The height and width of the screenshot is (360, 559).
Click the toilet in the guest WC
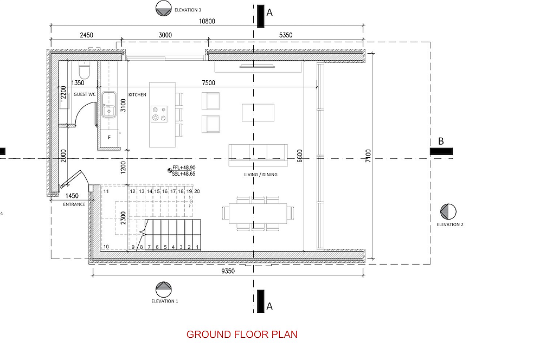(84, 70)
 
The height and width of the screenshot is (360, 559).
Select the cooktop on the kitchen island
(159, 114)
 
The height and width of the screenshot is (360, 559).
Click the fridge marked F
(110, 138)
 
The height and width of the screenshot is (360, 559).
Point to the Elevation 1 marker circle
(164, 290)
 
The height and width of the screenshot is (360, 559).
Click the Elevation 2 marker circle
(448, 212)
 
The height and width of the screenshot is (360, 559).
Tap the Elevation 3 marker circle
(164, 9)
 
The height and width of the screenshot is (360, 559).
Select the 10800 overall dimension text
(207, 21)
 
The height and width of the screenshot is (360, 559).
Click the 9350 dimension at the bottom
(228, 271)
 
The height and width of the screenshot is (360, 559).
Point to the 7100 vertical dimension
(368, 156)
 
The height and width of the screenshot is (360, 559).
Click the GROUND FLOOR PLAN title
(242, 335)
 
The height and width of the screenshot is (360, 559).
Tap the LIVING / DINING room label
(261, 175)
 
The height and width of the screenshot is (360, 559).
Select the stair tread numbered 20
(197, 191)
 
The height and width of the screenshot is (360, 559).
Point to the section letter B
(441, 142)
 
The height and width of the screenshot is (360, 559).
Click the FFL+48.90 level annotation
(184, 168)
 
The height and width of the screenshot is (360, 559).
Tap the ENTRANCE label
(74, 204)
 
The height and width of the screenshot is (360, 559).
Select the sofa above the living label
(258, 156)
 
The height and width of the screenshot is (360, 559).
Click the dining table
(258, 213)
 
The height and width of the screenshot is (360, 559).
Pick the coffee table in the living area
(258, 113)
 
